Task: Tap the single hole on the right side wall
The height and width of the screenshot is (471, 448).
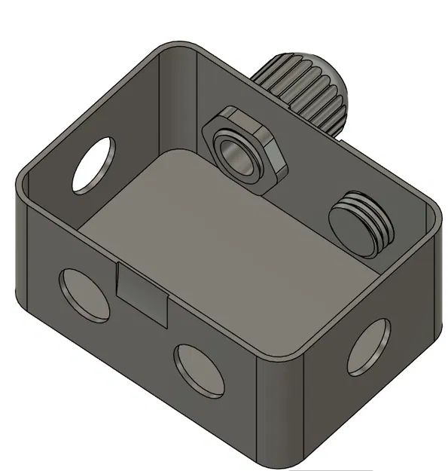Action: (368, 346)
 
